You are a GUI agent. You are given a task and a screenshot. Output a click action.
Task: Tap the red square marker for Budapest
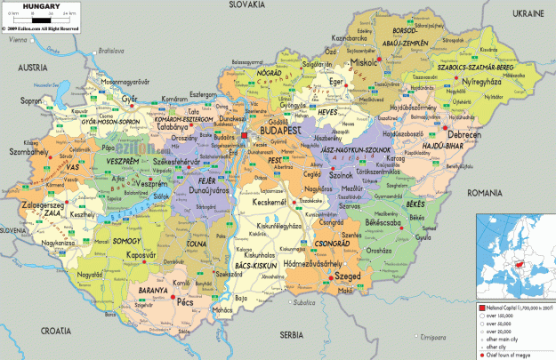pyautogui.click(x=245, y=135)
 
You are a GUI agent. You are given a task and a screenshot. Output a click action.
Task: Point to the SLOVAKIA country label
pyautogui.click(x=248, y=5)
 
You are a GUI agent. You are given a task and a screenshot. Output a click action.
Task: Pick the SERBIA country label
pyautogui.click(x=291, y=335)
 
